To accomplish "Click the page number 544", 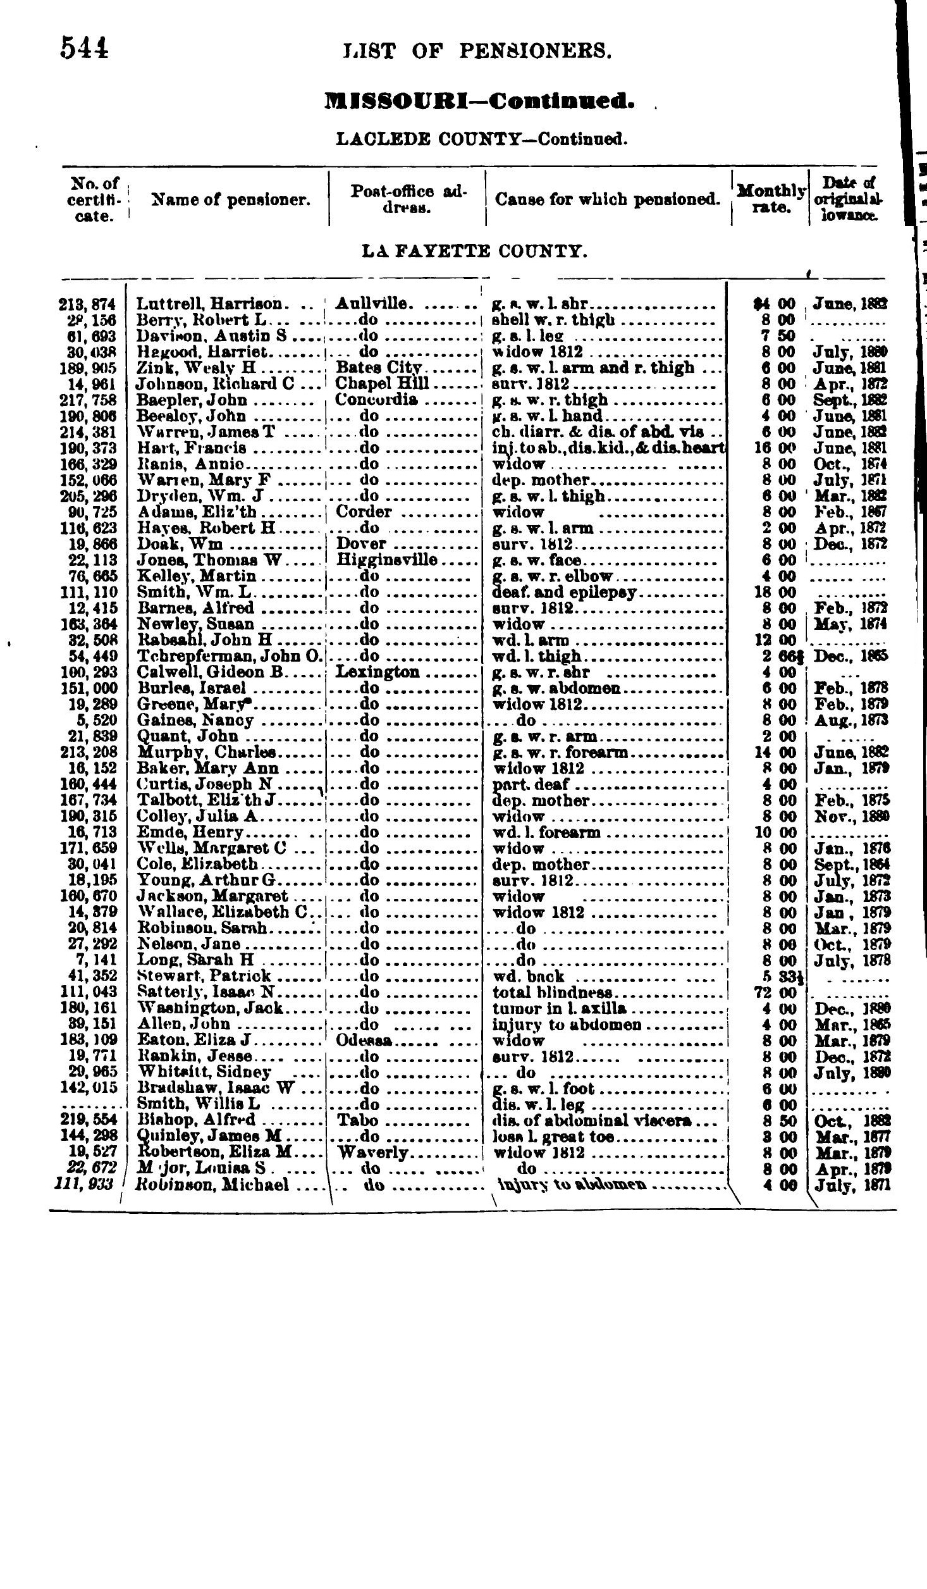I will [x=84, y=48].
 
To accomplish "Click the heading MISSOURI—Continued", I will [x=478, y=101].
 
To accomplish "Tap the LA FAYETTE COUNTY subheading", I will [x=474, y=252].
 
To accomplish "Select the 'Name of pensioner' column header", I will [x=231, y=200].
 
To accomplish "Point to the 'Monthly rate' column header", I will [x=770, y=198].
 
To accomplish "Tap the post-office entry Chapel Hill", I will [x=381, y=383].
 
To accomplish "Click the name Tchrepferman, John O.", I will [x=230, y=656].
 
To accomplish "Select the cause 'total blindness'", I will [x=552, y=992].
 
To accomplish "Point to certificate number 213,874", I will [x=89, y=304].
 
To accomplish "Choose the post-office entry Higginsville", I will [x=386, y=560].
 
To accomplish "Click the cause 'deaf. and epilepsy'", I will [x=564, y=592].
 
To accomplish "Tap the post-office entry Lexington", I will [x=378, y=672].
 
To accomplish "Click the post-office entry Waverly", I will [x=373, y=1153].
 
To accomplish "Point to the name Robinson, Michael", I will [x=214, y=1185].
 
